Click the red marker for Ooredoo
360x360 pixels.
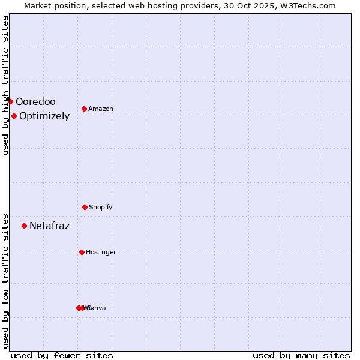pos(10,101)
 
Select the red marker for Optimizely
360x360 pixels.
pos(14,116)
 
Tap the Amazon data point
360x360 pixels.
pos(84,109)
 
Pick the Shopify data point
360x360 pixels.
pos(85,207)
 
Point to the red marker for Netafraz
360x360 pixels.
pos(24,226)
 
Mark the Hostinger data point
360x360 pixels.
pos(82,252)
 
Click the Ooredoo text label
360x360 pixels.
pos(35,101)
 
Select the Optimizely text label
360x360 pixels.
pos(44,116)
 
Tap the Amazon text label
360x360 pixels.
pos(101,109)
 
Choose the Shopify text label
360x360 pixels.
pos(101,207)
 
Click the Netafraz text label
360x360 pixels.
pos(49,226)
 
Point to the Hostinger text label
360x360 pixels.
pos(101,252)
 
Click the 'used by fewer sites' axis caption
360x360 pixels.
pos(62,355)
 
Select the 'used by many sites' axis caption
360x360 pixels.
pos(301,355)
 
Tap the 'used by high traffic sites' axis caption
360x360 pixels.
pos(5,85)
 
